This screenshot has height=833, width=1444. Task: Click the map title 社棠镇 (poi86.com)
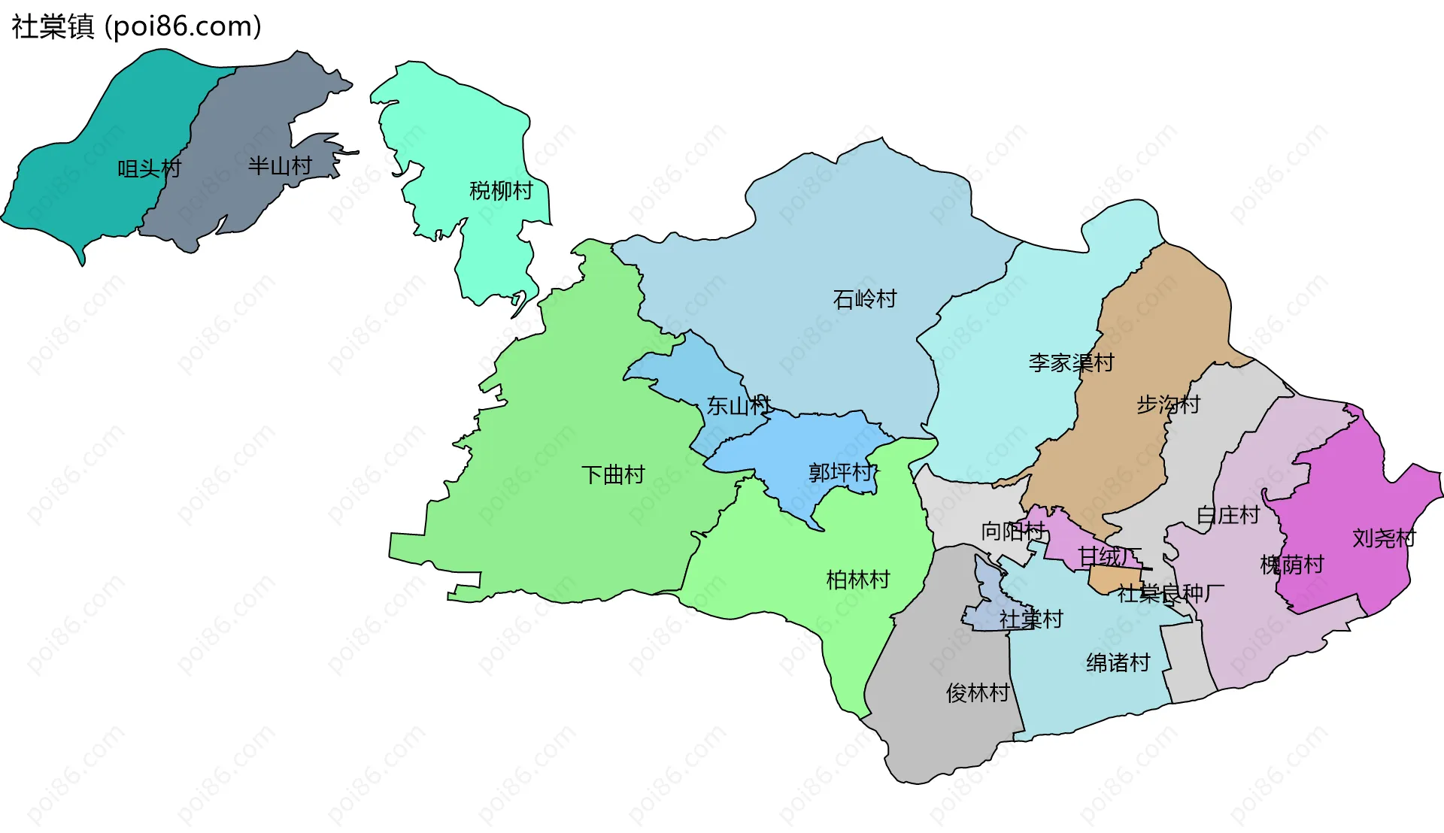(136, 26)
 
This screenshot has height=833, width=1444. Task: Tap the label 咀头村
(149, 168)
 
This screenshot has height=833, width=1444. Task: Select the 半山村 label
(280, 166)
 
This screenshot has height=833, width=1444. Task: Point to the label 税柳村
(501, 191)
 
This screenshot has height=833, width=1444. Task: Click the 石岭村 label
(865, 299)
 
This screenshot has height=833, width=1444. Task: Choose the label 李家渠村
(1071, 363)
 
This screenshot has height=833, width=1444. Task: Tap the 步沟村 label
(1168, 404)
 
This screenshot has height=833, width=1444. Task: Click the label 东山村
(739, 406)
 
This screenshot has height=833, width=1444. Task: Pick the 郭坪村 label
(841, 473)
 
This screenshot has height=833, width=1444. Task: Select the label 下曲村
(613, 475)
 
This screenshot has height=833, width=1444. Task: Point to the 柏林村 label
(858, 580)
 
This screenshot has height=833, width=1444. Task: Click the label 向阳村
(1012, 532)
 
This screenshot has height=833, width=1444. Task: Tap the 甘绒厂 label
(1109, 556)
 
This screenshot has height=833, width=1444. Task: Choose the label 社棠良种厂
(1170, 594)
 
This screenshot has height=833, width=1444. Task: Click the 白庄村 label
(1228, 516)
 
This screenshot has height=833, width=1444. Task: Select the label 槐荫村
(1291, 565)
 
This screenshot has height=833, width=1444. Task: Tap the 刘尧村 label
(1384, 538)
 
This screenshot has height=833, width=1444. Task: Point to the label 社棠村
(1030, 619)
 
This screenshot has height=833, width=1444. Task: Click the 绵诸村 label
(1118, 663)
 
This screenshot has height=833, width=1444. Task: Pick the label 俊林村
(978, 693)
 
